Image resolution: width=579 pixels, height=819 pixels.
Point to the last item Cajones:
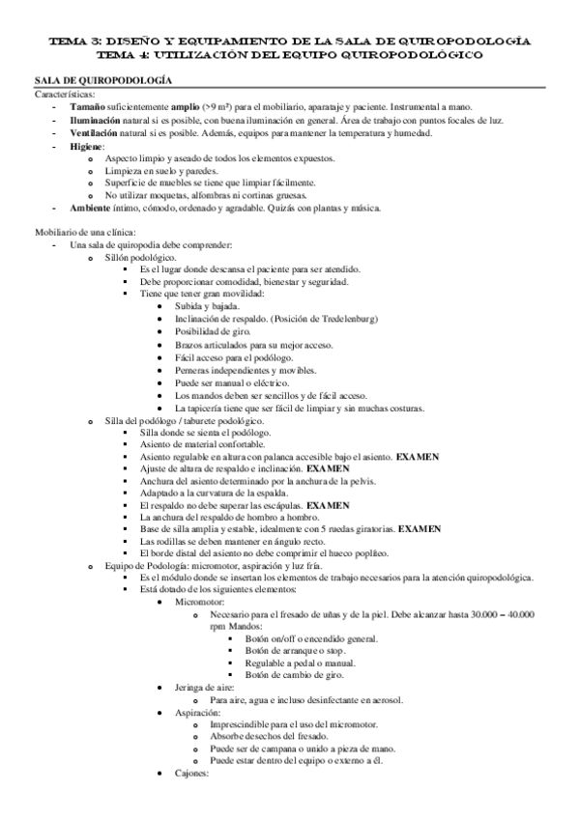coord(194,776)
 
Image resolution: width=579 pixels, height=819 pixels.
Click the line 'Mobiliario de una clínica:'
coord(86,231)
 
